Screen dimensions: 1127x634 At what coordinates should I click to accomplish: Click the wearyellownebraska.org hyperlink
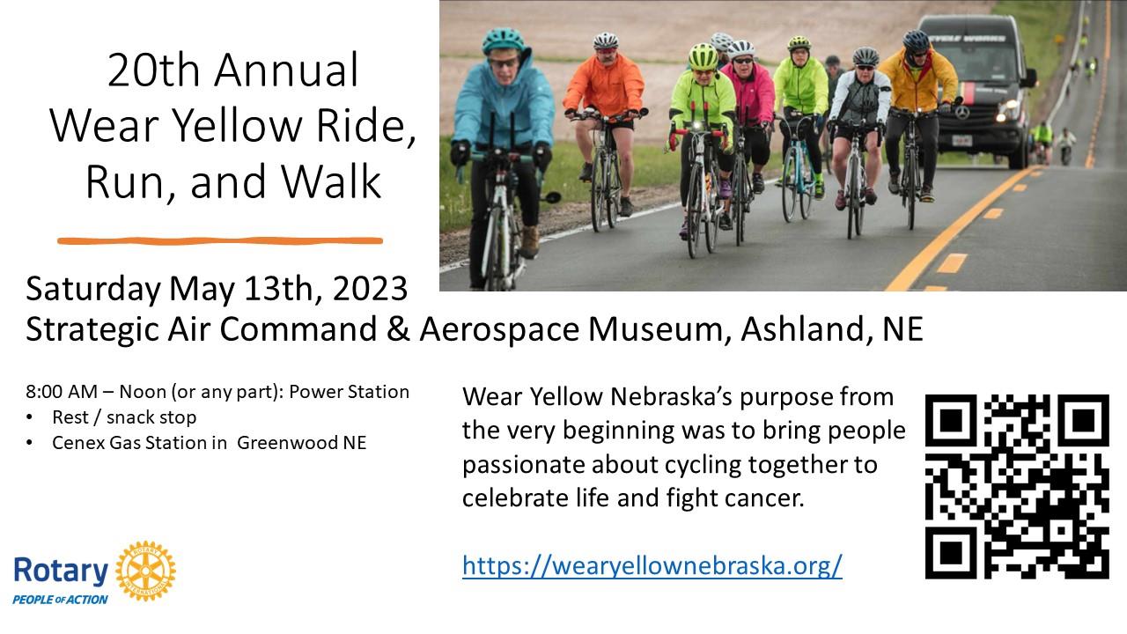click(652, 565)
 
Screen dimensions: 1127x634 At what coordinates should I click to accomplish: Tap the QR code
click(1017, 487)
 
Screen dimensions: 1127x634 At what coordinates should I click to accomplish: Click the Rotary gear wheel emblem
click(146, 571)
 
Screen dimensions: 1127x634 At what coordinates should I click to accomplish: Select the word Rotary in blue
click(61, 571)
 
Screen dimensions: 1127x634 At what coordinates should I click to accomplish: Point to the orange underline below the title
click(220, 241)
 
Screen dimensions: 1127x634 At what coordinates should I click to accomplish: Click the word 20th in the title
click(153, 70)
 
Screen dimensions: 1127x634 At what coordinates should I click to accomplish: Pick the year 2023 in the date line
click(370, 289)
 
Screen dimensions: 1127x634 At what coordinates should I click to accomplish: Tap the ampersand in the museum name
click(398, 329)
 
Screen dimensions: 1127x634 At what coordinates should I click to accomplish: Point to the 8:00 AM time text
click(62, 392)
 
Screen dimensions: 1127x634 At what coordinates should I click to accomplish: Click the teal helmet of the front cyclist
click(503, 41)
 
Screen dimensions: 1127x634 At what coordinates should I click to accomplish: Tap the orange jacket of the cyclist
click(605, 86)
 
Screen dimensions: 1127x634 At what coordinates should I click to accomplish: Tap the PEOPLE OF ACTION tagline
click(61, 600)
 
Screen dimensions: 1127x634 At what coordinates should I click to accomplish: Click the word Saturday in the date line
click(93, 290)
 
